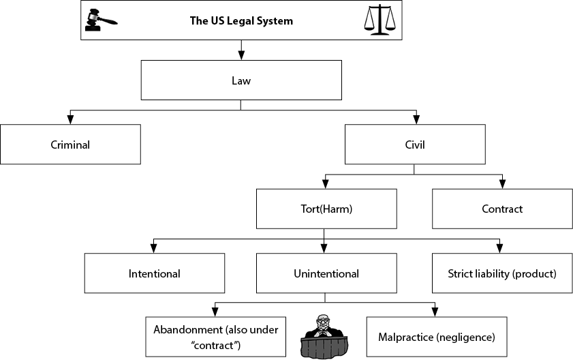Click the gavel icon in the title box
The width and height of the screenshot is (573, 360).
tap(101, 20)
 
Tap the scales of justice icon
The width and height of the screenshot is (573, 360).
tap(380, 20)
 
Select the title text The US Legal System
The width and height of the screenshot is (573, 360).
tap(241, 21)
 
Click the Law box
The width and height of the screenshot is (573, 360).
tap(241, 80)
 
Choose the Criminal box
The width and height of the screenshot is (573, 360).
tap(70, 144)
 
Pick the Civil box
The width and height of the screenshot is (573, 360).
tap(415, 144)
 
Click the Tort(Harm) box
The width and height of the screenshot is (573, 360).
tap(326, 209)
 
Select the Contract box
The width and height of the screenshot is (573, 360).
tap(502, 209)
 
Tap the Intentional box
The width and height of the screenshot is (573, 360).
tap(155, 273)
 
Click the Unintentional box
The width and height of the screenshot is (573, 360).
tap(326, 273)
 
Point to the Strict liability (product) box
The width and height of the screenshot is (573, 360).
tap(502, 273)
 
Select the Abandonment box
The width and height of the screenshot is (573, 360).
tap(215, 337)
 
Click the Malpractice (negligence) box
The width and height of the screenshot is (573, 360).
tap(437, 337)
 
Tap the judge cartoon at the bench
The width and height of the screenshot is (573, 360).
tap(324, 336)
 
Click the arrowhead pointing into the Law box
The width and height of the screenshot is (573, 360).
tap(241, 55)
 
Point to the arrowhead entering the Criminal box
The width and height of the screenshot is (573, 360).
tap(70, 119)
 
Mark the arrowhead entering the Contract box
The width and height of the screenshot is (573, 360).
tap(502, 184)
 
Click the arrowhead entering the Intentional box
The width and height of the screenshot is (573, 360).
tap(153, 248)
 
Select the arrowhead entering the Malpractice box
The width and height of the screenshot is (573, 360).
tap(435, 312)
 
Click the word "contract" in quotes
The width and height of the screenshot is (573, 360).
tap(215, 346)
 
